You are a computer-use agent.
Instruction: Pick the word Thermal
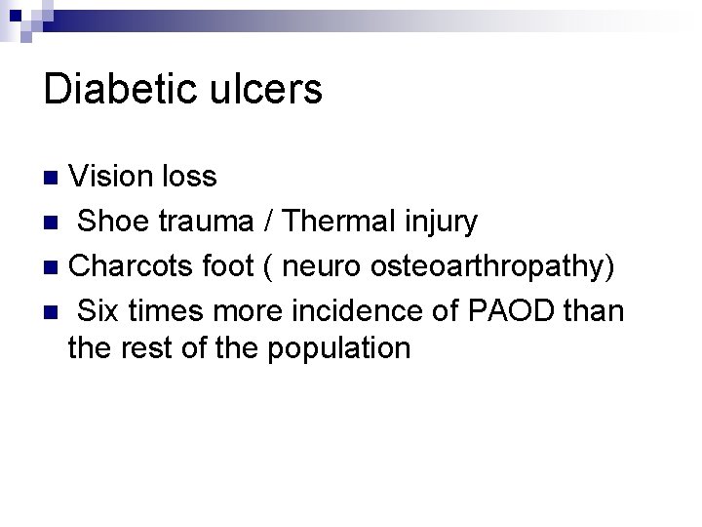[331, 222]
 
